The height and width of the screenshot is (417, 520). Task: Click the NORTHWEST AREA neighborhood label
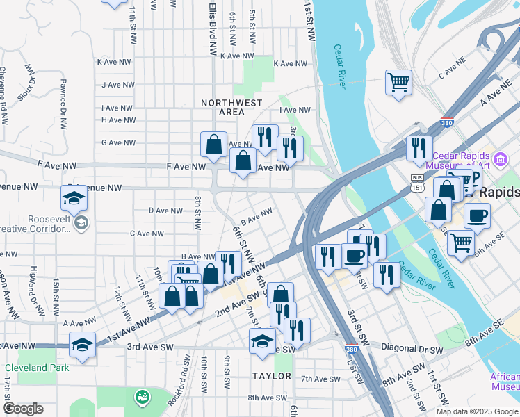(x=231, y=107)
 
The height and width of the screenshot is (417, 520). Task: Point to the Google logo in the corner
(x=23, y=408)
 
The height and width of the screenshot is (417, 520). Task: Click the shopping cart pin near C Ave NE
(x=398, y=82)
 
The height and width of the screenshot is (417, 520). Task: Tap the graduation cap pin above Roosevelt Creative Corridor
(x=74, y=199)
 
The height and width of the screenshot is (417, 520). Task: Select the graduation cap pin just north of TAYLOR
(x=262, y=341)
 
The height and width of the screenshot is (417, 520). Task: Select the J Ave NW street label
(x=117, y=85)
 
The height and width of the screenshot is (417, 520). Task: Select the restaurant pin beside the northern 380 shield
(x=419, y=148)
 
